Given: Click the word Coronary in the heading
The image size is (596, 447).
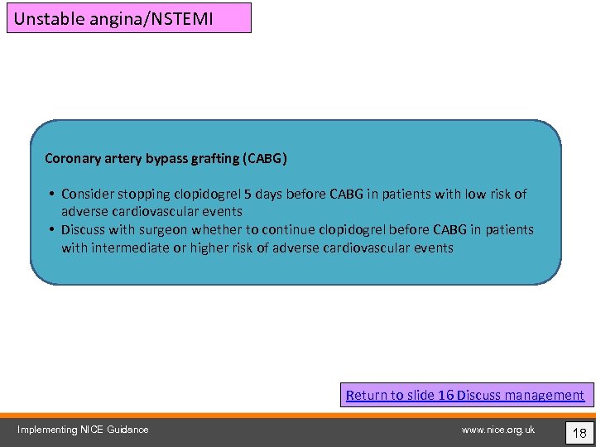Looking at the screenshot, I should coord(72,157).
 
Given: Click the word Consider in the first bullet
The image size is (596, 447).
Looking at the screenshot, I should coord(87,194).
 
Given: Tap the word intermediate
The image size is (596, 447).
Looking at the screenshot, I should coord(128,248).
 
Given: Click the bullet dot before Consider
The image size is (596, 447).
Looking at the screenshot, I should coord(51,195).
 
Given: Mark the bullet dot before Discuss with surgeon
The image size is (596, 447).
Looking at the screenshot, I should coord(51,230).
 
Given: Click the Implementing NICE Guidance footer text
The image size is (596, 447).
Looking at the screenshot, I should coord(83,430).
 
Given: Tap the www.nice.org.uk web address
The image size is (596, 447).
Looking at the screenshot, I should coord(498,430).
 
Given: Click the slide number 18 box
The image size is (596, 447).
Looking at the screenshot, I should coord(579,431).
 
